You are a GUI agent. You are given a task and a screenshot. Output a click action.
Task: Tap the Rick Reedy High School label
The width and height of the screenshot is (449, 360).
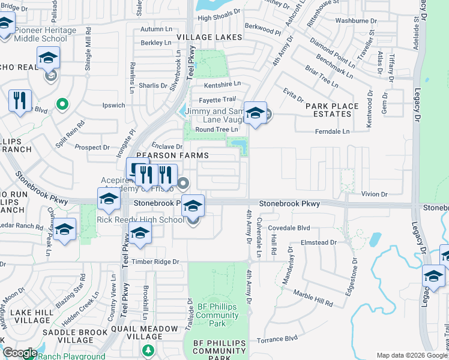point(140,220)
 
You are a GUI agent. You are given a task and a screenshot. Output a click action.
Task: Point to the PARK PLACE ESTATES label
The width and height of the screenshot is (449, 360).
point(332,110)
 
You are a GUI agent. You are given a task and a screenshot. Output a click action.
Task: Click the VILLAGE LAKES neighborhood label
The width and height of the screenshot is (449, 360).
point(209,37)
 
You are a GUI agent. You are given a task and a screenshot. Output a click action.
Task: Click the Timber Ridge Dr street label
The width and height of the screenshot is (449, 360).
point(155,262)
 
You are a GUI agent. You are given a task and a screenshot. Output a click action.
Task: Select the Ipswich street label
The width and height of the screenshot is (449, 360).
point(113,105)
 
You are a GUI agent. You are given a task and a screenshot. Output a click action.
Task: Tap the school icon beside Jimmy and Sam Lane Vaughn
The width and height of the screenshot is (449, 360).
point(255,113)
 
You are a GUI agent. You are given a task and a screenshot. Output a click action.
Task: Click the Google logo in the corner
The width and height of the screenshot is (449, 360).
point(20,353)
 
